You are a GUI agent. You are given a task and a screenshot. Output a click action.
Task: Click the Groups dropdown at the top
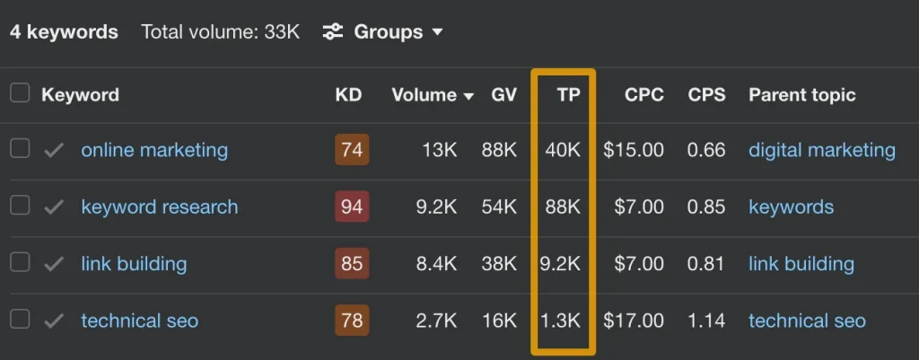[x=383, y=31]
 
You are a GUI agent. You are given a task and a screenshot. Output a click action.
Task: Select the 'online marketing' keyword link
[x=154, y=150]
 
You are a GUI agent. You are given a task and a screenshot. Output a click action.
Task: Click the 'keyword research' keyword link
[x=159, y=207]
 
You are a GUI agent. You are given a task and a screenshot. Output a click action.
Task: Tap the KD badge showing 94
[x=352, y=207]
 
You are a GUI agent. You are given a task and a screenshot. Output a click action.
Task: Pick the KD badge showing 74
[x=352, y=150]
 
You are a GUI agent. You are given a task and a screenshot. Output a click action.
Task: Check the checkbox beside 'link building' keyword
[x=20, y=263]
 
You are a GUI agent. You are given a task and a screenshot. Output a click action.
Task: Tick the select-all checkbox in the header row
[x=20, y=93]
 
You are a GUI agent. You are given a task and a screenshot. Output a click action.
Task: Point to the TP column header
[x=568, y=94]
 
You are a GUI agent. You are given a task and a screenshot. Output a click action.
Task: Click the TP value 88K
[x=563, y=207]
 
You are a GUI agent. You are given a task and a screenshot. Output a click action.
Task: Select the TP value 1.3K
[x=561, y=320]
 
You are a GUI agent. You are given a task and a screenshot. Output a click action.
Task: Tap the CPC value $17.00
[x=634, y=320]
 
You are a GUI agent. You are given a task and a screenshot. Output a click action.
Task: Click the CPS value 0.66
[x=706, y=150]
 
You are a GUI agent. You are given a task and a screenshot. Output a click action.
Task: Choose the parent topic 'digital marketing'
[x=821, y=150]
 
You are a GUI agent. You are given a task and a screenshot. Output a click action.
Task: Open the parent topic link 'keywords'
[x=791, y=207]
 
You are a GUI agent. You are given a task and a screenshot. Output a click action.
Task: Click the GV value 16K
[x=499, y=320]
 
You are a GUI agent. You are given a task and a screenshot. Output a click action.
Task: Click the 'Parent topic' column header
[x=801, y=94]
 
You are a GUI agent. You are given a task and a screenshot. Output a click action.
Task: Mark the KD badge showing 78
[x=352, y=320]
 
